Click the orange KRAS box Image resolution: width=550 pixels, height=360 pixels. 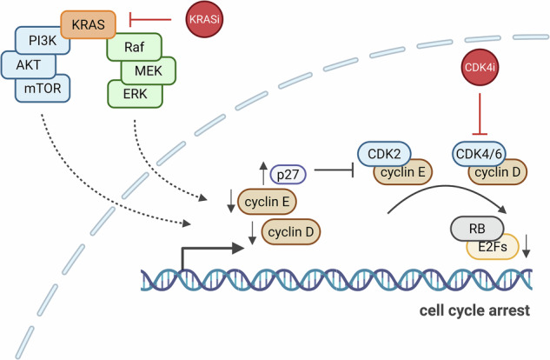click(x=88, y=24)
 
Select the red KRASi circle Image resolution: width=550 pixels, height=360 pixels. click(x=204, y=19)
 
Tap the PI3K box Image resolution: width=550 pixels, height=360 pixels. click(x=42, y=41)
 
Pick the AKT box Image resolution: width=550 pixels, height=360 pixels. click(x=28, y=65)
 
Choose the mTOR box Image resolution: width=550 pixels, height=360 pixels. click(x=43, y=89)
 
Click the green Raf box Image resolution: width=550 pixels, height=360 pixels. click(x=134, y=47)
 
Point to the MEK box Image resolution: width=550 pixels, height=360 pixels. click(x=148, y=71)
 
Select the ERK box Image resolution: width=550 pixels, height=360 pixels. click(x=135, y=94)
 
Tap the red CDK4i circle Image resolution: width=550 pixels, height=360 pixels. click(x=480, y=67)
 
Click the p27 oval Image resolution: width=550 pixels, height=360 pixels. click(x=288, y=175)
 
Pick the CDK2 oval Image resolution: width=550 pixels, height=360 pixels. click(x=384, y=154)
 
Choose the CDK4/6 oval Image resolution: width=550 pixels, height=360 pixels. click(x=479, y=154)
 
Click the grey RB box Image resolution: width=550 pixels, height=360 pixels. click(x=477, y=229)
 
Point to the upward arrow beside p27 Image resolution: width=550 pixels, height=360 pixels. click(x=263, y=173)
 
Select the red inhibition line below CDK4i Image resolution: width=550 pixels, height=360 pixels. click(x=480, y=114)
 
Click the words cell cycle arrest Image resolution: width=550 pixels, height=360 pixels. click(x=474, y=310)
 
